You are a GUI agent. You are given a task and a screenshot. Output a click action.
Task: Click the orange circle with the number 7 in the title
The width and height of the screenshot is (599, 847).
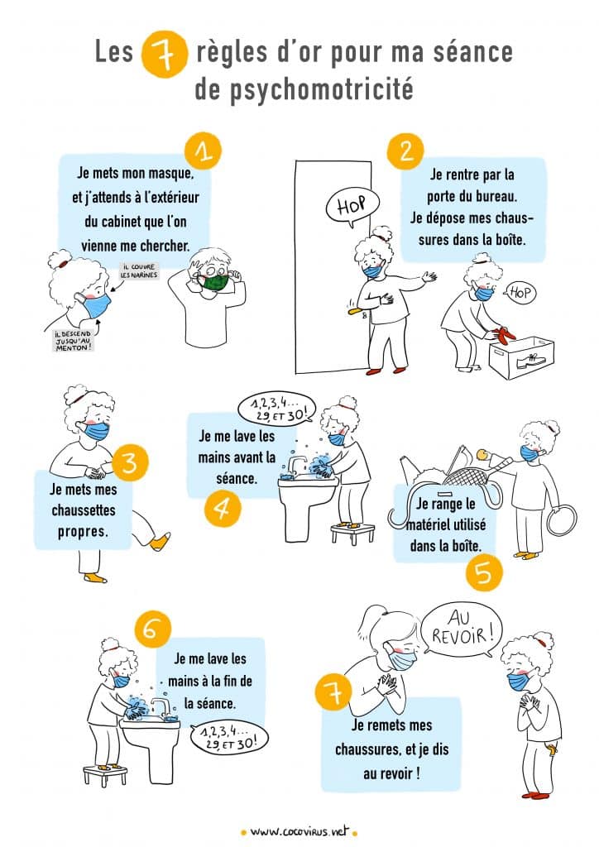click(x=164, y=55)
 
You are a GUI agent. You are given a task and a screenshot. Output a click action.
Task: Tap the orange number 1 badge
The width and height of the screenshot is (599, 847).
click(x=203, y=151)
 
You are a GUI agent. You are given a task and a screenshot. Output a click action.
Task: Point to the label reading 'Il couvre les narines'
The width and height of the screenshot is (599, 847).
click(x=139, y=270)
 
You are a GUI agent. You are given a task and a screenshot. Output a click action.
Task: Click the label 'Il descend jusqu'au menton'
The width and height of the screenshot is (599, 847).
click(x=73, y=341)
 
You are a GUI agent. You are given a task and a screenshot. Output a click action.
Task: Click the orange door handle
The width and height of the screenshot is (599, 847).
click(x=354, y=311)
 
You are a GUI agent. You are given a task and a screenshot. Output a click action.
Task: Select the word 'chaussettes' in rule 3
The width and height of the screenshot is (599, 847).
click(x=84, y=510)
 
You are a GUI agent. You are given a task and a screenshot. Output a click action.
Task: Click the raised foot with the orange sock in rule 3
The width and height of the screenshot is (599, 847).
click(x=160, y=541)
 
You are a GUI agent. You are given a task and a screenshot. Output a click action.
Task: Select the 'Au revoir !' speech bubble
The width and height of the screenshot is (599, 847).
click(x=460, y=629)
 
